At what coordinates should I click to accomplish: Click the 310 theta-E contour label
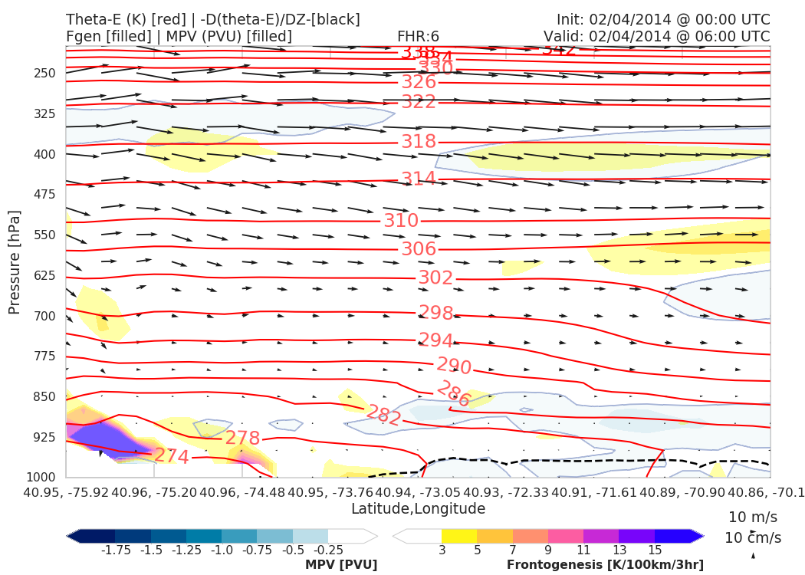click(401, 221)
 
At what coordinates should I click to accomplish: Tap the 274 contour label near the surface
click(172, 456)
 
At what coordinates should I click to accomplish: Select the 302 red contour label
click(435, 278)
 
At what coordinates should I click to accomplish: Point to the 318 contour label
click(419, 142)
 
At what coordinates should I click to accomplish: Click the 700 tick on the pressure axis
click(44, 316)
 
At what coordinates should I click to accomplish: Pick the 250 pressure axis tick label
click(44, 74)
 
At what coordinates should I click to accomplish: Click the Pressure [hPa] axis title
click(14, 262)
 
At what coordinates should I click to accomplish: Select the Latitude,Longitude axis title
click(418, 509)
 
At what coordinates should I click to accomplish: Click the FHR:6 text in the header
click(418, 37)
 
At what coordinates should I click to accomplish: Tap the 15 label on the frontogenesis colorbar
click(654, 550)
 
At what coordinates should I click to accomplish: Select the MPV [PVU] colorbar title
click(341, 565)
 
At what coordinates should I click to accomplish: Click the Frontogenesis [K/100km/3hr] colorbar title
click(605, 565)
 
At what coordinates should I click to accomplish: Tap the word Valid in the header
click(562, 37)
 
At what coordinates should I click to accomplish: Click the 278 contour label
click(242, 439)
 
